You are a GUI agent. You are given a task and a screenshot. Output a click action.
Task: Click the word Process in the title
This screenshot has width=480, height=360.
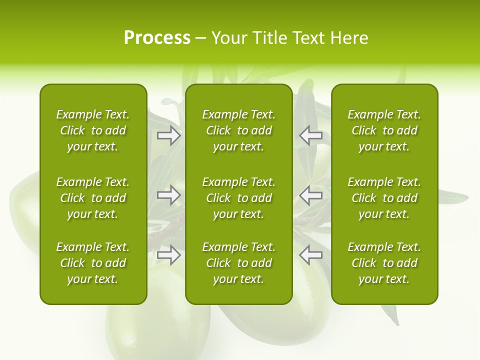pyautogui.click(x=157, y=38)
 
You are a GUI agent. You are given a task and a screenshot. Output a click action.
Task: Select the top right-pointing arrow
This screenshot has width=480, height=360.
pyautogui.click(x=169, y=135)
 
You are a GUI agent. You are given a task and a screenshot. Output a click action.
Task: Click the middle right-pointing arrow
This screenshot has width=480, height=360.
pyautogui.click(x=169, y=195)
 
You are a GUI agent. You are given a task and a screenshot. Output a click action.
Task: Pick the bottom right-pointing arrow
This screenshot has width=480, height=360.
pyautogui.click(x=169, y=255)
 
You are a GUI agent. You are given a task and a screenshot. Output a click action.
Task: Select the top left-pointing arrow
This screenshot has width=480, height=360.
pyautogui.click(x=310, y=135)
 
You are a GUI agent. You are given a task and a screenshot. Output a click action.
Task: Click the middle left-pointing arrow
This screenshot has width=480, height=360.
pyautogui.click(x=310, y=195)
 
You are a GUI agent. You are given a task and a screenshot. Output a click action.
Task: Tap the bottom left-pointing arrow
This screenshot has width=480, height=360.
pyautogui.click(x=310, y=255)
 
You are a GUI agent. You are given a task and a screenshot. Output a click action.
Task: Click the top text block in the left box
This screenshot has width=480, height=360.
pyautogui.click(x=93, y=130)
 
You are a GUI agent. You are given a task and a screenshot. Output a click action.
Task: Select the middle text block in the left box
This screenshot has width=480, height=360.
pyautogui.click(x=93, y=198)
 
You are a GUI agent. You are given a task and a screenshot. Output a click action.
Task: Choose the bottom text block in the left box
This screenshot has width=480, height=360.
pyautogui.click(x=93, y=263)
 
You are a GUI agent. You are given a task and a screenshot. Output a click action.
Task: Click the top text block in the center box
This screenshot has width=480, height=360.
pyautogui.click(x=238, y=130)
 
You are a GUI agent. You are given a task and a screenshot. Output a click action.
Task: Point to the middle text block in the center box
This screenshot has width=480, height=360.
pyautogui.click(x=238, y=198)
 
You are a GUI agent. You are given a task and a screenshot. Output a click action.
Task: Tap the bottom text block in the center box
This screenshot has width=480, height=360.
pyautogui.click(x=238, y=263)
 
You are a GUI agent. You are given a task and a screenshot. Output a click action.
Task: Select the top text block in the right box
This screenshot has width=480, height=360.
pyautogui.click(x=384, y=130)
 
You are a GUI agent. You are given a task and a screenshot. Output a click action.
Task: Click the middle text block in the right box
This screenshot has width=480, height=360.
pyautogui.click(x=384, y=198)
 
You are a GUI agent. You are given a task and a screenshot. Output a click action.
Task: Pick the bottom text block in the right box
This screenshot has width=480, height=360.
pyautogui.click(x=384, y=263)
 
